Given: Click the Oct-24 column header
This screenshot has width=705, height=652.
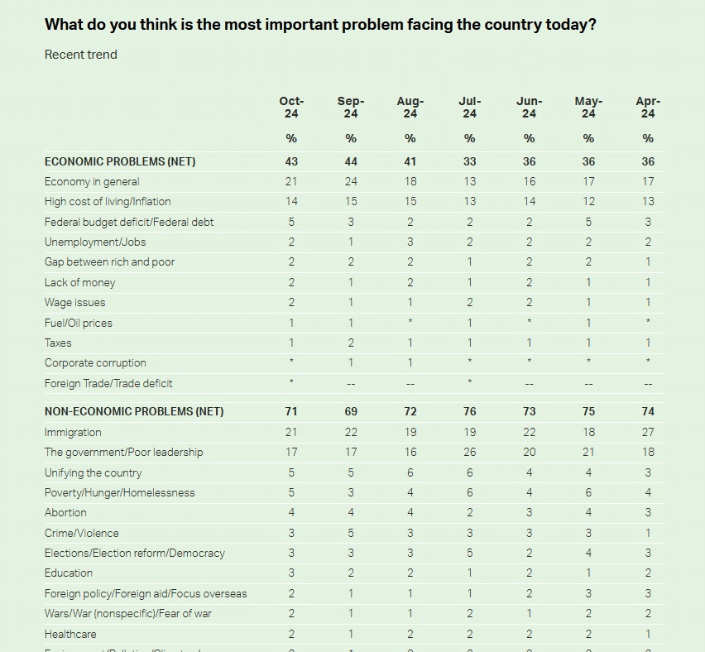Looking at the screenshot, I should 291,108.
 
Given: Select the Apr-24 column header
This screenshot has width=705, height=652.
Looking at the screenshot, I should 648,108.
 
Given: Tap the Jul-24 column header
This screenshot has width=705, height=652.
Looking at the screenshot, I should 469,108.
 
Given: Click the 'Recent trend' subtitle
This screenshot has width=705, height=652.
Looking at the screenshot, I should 81,55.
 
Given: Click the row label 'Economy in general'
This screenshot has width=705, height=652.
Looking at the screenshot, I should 92,181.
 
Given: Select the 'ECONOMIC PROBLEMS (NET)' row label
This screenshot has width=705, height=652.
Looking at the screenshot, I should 120,161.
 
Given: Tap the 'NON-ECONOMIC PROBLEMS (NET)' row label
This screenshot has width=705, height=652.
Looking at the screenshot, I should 134,411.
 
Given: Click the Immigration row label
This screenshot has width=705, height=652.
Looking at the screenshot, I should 73,432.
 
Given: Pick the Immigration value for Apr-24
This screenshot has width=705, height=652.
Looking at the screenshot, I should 648,432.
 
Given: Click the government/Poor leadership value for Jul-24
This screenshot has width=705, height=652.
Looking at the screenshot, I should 469,452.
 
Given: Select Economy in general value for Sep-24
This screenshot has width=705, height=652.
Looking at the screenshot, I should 351,181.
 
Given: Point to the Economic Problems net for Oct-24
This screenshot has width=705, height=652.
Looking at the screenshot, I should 291,161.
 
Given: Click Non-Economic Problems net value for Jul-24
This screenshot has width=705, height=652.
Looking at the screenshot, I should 469,411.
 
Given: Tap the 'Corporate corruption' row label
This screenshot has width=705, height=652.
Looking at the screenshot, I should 95,362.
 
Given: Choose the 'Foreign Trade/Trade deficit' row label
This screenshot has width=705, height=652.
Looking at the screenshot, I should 108,383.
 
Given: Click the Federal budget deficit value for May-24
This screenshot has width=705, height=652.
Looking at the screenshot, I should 588,222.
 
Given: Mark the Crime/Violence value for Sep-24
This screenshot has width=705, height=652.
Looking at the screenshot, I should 351,533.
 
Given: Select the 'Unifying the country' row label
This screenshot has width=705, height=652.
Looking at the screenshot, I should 93,472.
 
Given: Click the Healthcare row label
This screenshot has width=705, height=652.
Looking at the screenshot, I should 70,634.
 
